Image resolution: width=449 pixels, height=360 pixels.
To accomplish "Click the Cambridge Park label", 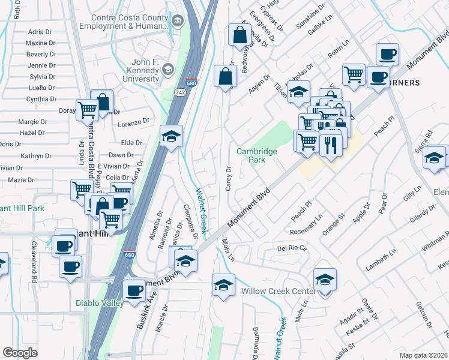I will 257,156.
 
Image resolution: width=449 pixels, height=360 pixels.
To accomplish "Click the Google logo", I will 20,352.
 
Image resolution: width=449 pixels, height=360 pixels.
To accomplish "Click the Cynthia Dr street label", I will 41,99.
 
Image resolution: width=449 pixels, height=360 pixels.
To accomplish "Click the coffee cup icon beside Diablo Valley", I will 134,290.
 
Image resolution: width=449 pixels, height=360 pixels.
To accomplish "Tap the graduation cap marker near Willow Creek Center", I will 325,280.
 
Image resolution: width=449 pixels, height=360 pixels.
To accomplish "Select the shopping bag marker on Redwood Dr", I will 240,35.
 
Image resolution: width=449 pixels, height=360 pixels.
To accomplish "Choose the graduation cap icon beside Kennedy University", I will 169,70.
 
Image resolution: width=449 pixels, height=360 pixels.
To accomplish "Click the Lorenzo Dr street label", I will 133,122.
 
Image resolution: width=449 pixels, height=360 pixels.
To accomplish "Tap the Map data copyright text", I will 424,355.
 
